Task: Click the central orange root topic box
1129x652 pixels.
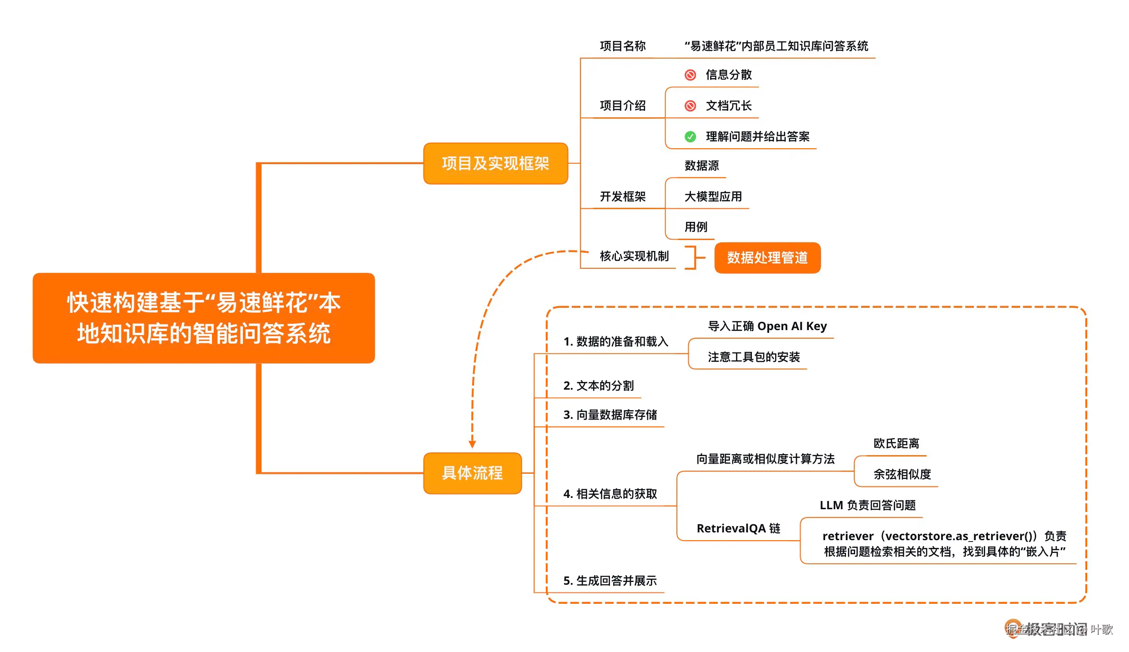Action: pyautogui.click(x=203, y=318)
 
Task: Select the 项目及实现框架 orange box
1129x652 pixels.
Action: pyautogui.click(x=495, y=163)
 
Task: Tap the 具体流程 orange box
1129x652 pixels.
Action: pyautogui.click(x=472, y=473)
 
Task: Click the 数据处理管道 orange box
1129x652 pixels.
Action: pyautogui.click(x=767, y=258)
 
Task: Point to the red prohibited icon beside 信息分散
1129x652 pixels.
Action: pyautogui.click(x=690, y=75)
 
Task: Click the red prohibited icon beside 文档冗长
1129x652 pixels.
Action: pyautogui.click(x=690, y=106)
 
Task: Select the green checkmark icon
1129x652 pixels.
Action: pyautogui.click(x=690, y=136)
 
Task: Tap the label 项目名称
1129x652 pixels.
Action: pyautogui.click(x=622, y=46)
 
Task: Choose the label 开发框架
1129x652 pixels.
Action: pyautogui.click(x=622, y=196)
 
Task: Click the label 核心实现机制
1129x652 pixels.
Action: pyautogui.click(x=634, y=256)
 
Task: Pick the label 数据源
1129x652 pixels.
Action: pyautogui.click(x=701, y=166)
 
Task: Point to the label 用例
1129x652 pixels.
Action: pyautogui.click(x=696, y=226)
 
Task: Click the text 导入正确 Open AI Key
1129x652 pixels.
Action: pyautogui.click(x=767, y=326)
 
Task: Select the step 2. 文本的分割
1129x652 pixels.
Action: pyautogui.click(x=598, y=386)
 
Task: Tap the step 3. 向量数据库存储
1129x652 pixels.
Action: pyautogui.click(x=610, y=415)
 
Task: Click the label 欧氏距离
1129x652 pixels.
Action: pyautogui.click(x=896, y=443)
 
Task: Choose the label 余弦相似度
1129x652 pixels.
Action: pyautogui.click(x=902, y=474)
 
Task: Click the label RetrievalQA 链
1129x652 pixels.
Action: pyautogui.click(x=738, y=528)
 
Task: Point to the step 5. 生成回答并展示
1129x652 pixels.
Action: pyautogui.click(x=610, y=581)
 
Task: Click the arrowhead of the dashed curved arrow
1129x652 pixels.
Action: pyautogui.click(x=472, y=444)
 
